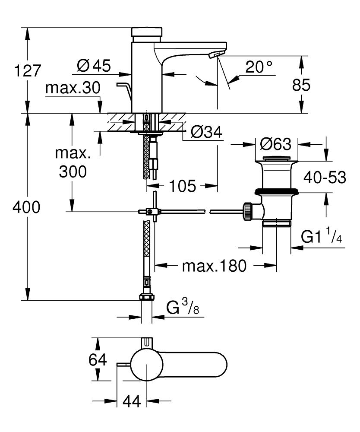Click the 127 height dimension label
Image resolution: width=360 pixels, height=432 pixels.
tap(28, 70)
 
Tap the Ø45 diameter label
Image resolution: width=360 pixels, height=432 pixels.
tap(94, 66)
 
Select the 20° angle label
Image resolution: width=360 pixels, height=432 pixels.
tap(259, 67)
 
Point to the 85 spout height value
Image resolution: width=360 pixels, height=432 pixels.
tap(301, 85)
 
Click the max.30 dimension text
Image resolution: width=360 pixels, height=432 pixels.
tap(73, 88)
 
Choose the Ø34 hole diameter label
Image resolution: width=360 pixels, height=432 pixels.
tap(206, 133)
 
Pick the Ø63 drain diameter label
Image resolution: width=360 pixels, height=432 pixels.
tap(276, 144)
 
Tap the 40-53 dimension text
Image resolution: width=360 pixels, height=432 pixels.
tap(325, 178)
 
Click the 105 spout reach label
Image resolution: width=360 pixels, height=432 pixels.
tap(183, 186)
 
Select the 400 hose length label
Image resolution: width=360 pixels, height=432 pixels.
tap(26, 207)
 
